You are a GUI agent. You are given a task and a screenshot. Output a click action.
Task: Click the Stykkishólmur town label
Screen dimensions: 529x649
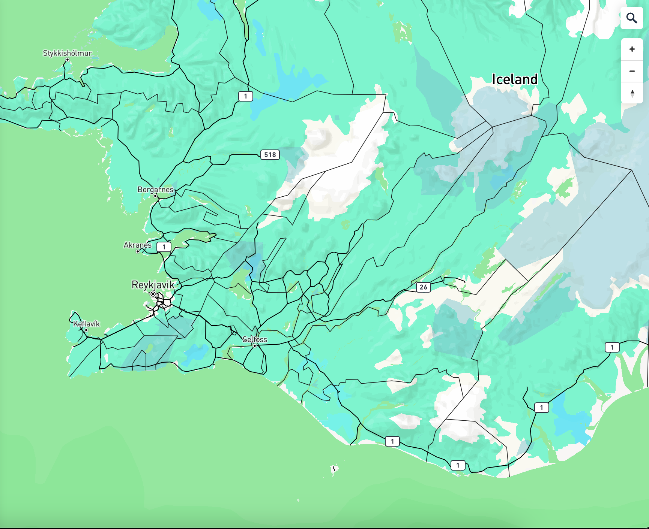(67, 53)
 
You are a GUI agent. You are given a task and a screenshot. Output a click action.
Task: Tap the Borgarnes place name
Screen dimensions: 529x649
(155, 190)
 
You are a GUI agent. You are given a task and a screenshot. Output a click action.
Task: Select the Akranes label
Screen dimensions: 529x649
(137, 245)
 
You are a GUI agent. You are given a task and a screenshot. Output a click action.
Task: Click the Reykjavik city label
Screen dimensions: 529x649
(153, 285)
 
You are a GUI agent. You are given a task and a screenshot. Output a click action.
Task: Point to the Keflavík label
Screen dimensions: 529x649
(86, 324)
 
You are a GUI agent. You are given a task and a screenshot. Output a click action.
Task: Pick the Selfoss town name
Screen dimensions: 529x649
(254, 339)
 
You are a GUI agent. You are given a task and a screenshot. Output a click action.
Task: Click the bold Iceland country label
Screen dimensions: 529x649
(514, 79)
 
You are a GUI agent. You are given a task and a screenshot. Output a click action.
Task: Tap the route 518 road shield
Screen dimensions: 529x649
(270, 155)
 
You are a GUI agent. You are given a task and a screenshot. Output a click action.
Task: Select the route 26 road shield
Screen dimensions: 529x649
(423, 287)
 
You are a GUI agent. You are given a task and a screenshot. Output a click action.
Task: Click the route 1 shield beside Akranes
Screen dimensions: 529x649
(164, 247)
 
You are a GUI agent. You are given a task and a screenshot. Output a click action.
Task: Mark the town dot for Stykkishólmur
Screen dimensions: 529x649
(68, 60)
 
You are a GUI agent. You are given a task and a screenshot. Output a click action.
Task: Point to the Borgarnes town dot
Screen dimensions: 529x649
(155, 196)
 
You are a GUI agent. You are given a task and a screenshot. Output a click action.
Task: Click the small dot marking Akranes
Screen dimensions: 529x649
(138, 251)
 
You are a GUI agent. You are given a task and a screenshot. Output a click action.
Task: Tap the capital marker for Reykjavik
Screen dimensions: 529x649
(153, 294)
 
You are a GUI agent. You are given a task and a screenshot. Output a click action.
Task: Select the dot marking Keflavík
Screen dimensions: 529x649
(86, 330)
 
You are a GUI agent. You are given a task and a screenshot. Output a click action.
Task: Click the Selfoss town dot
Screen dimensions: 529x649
(255, 346)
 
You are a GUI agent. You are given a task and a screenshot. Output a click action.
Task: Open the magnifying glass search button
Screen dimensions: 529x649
(632, 18)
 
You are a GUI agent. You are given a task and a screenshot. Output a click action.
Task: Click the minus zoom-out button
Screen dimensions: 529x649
(632, 71)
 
